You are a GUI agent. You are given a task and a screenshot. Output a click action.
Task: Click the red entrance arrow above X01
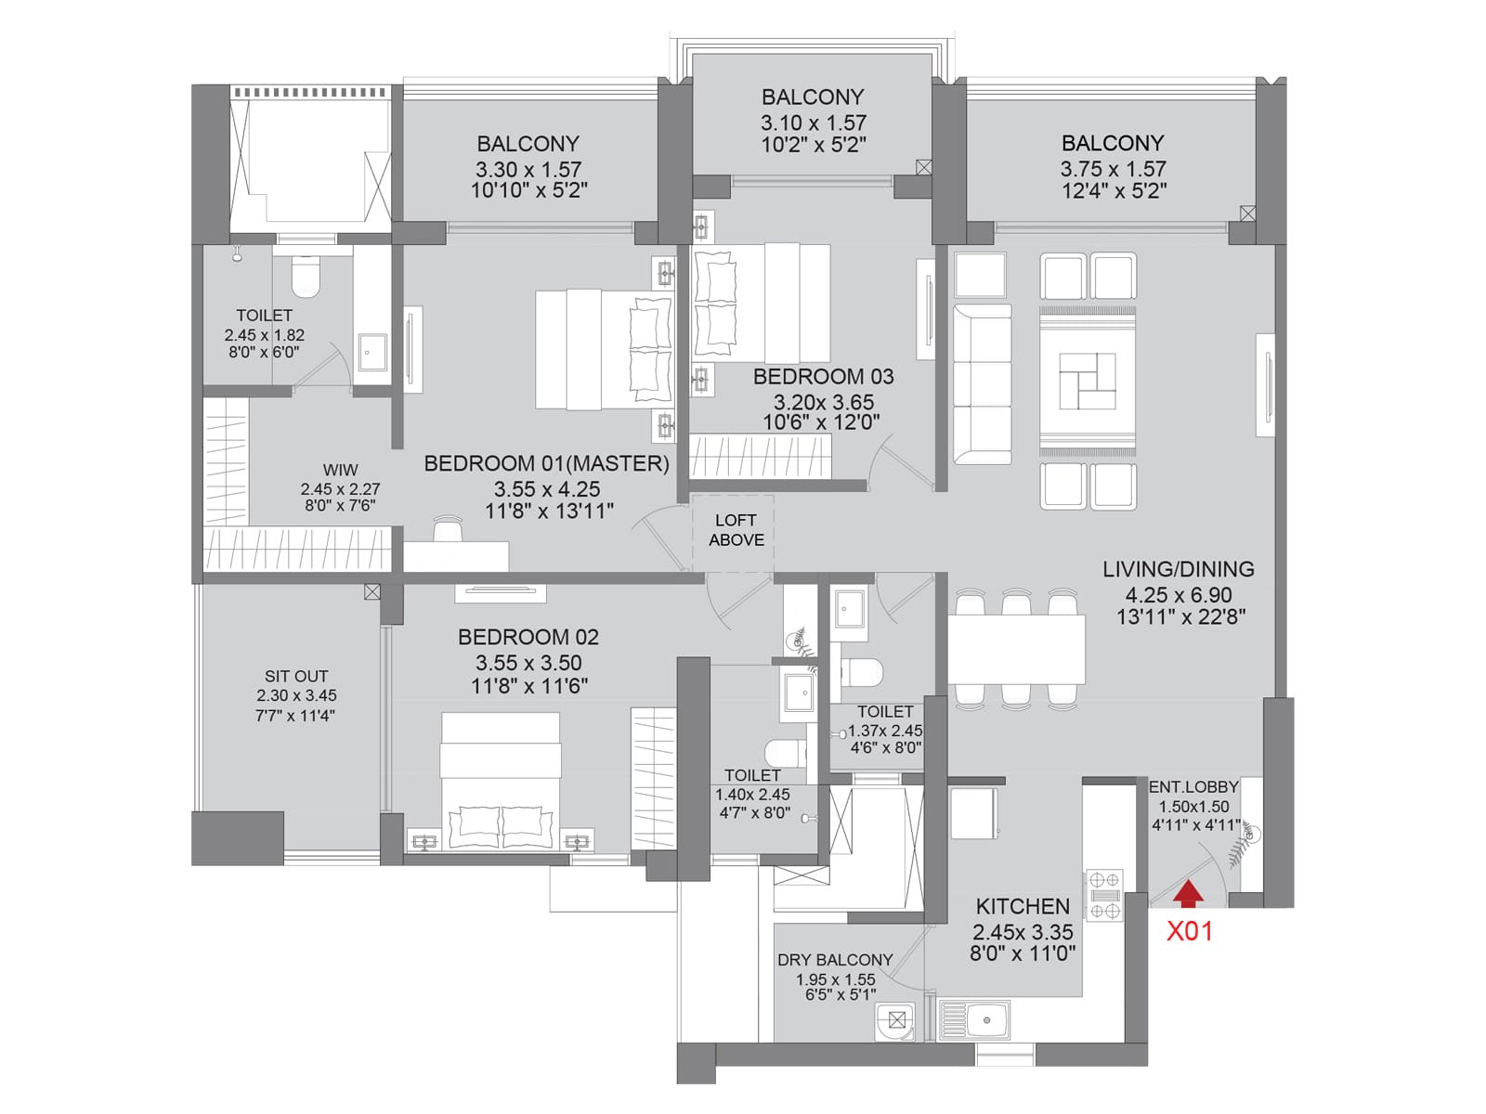click(x=1188, y=893)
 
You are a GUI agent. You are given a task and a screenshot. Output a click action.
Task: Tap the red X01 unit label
click(x=1189, y=931)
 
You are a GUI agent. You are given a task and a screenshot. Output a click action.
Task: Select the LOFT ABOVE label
click(x=736, y=529)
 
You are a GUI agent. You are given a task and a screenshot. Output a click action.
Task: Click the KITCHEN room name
click(x=1023, y=906)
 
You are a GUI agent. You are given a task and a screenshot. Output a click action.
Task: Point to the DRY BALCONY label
click(x=835, y=960)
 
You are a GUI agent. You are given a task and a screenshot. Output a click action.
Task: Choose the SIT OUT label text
click(x=296, y=676)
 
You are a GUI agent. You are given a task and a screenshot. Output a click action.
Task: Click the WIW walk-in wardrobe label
click(x=340, y=470)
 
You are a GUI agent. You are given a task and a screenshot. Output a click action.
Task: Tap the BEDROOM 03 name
click(x=823, y=377)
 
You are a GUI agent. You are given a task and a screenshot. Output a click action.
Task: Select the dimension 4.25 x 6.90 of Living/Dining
click(x=1178, y=595)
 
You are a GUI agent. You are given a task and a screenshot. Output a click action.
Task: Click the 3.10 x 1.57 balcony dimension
click(x=813, y=123)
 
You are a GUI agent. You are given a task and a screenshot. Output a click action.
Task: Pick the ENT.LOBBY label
click(x=1193, y=786)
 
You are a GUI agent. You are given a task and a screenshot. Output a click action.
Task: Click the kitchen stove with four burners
click(x=1104, y=896)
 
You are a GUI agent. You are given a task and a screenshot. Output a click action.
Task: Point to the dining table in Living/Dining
click(x=1015, y=650)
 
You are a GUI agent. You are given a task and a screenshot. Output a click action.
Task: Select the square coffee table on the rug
click(x=1088, y=381)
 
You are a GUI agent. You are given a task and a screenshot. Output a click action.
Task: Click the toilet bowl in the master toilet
click(x=305, y=276)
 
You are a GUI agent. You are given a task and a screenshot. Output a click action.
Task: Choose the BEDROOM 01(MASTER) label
click(x=546, y=463)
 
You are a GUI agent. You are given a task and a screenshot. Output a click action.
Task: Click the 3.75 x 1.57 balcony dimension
click(x=1113, y=169)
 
